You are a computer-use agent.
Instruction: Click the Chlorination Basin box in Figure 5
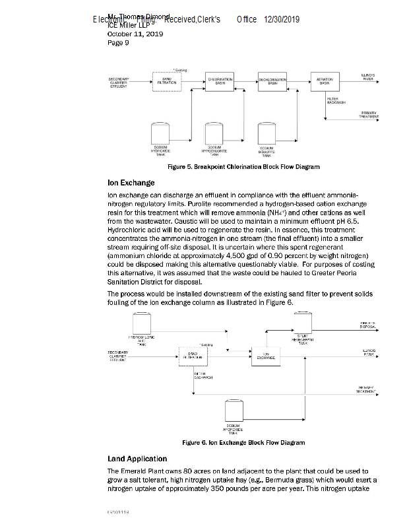(219, 81)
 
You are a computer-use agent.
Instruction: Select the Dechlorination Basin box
(272, 81)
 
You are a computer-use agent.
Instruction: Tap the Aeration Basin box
(325, 81)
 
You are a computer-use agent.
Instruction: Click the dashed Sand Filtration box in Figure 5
(166, 81)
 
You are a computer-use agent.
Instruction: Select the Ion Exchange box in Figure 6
(265, 356)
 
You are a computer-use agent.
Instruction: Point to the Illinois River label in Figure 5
(367, 77)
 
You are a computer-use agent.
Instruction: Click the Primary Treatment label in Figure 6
(367, 389)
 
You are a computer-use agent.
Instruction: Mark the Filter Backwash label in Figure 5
(336, 101)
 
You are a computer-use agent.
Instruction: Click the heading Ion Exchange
(131, 182)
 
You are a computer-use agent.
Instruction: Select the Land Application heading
(137, 458)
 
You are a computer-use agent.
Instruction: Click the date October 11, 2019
(135, 34)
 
